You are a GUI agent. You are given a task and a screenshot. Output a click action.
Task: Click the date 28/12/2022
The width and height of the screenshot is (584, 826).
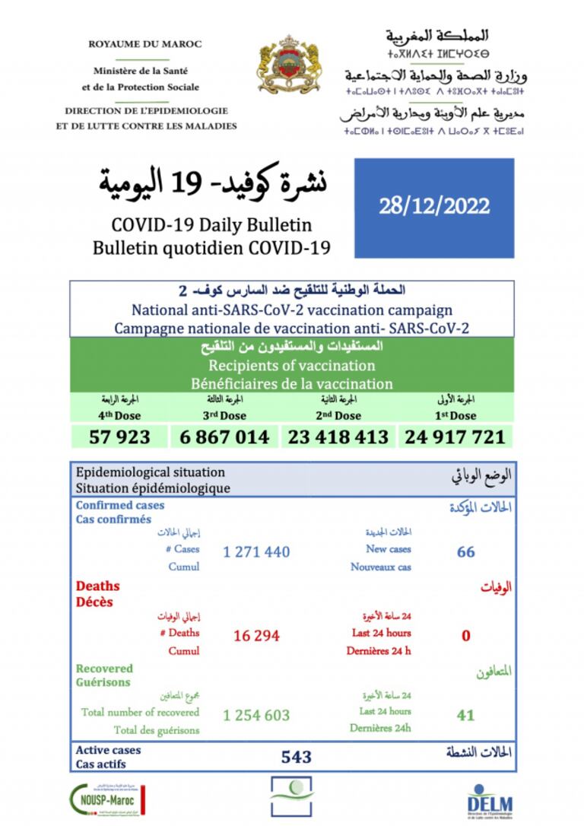click(434, 206)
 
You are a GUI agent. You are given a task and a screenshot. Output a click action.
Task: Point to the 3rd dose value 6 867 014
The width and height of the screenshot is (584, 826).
click(226, 437)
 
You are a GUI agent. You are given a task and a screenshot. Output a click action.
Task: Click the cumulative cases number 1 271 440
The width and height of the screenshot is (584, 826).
click(256, 551)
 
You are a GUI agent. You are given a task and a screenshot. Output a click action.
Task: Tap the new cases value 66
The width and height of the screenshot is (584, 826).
click(465, 551)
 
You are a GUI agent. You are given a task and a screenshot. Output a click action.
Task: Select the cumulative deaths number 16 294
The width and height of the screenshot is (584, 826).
click(256, 635)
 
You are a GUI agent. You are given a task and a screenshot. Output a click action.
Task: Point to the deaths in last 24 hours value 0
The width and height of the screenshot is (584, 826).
click(465, 635)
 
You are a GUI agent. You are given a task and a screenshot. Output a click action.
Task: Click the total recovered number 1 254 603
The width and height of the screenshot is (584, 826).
click(256, 716)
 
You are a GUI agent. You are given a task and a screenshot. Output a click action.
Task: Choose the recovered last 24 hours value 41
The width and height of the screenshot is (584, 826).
click(465, 715)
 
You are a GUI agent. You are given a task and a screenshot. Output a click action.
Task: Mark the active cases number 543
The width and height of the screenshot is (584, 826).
click(296, 756)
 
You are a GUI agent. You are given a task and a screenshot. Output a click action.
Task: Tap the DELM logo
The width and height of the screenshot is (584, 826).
click(489, 799)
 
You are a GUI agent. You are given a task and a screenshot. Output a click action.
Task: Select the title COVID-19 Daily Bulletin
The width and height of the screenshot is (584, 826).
click(211, 226)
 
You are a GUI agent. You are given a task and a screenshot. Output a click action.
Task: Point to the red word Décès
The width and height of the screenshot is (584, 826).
click(94, 602)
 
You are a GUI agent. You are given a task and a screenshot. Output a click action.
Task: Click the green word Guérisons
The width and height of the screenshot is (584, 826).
click(103, 683)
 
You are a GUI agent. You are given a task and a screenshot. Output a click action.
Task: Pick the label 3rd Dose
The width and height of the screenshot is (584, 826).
click(226, 416)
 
